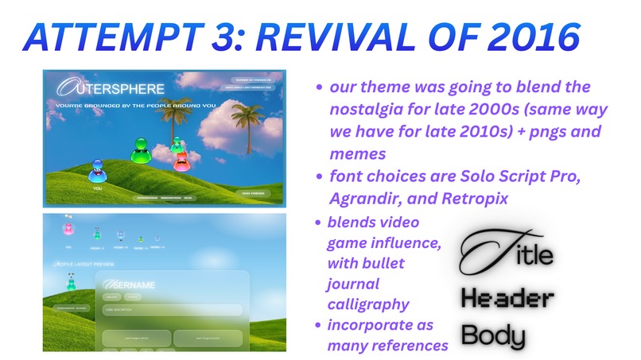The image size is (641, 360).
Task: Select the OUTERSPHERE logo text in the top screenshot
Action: click(x=111, y=88)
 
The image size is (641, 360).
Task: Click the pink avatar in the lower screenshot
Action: click(x=68, y=230)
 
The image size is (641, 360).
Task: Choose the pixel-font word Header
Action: click(x=507, y=298)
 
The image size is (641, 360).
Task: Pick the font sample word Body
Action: click(x=493, y=334)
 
